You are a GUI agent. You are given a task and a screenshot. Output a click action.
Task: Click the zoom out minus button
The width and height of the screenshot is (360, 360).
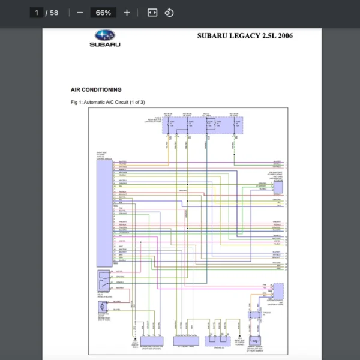point(80,13)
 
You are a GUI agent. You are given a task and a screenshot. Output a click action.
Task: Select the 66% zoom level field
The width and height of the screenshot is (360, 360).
point(103,13)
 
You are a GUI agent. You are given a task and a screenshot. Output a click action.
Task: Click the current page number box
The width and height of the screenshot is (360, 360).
point(37,13)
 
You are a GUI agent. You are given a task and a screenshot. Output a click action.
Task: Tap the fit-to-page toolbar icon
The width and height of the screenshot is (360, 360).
point(152,13)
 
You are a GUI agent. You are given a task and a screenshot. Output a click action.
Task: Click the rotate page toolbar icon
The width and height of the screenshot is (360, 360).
point(169,13)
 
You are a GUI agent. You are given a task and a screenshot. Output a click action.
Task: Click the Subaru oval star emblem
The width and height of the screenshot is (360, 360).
point(105,36)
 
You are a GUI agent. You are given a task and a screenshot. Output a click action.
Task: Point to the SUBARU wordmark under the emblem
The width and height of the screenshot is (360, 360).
point(105,45)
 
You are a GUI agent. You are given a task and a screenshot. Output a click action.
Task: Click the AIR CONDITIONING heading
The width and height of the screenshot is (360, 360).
point(95,90)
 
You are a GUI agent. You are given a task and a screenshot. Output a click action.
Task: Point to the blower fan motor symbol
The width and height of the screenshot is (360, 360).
point(102,307)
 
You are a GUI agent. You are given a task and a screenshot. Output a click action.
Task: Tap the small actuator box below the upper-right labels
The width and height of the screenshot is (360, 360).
point(278,188)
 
